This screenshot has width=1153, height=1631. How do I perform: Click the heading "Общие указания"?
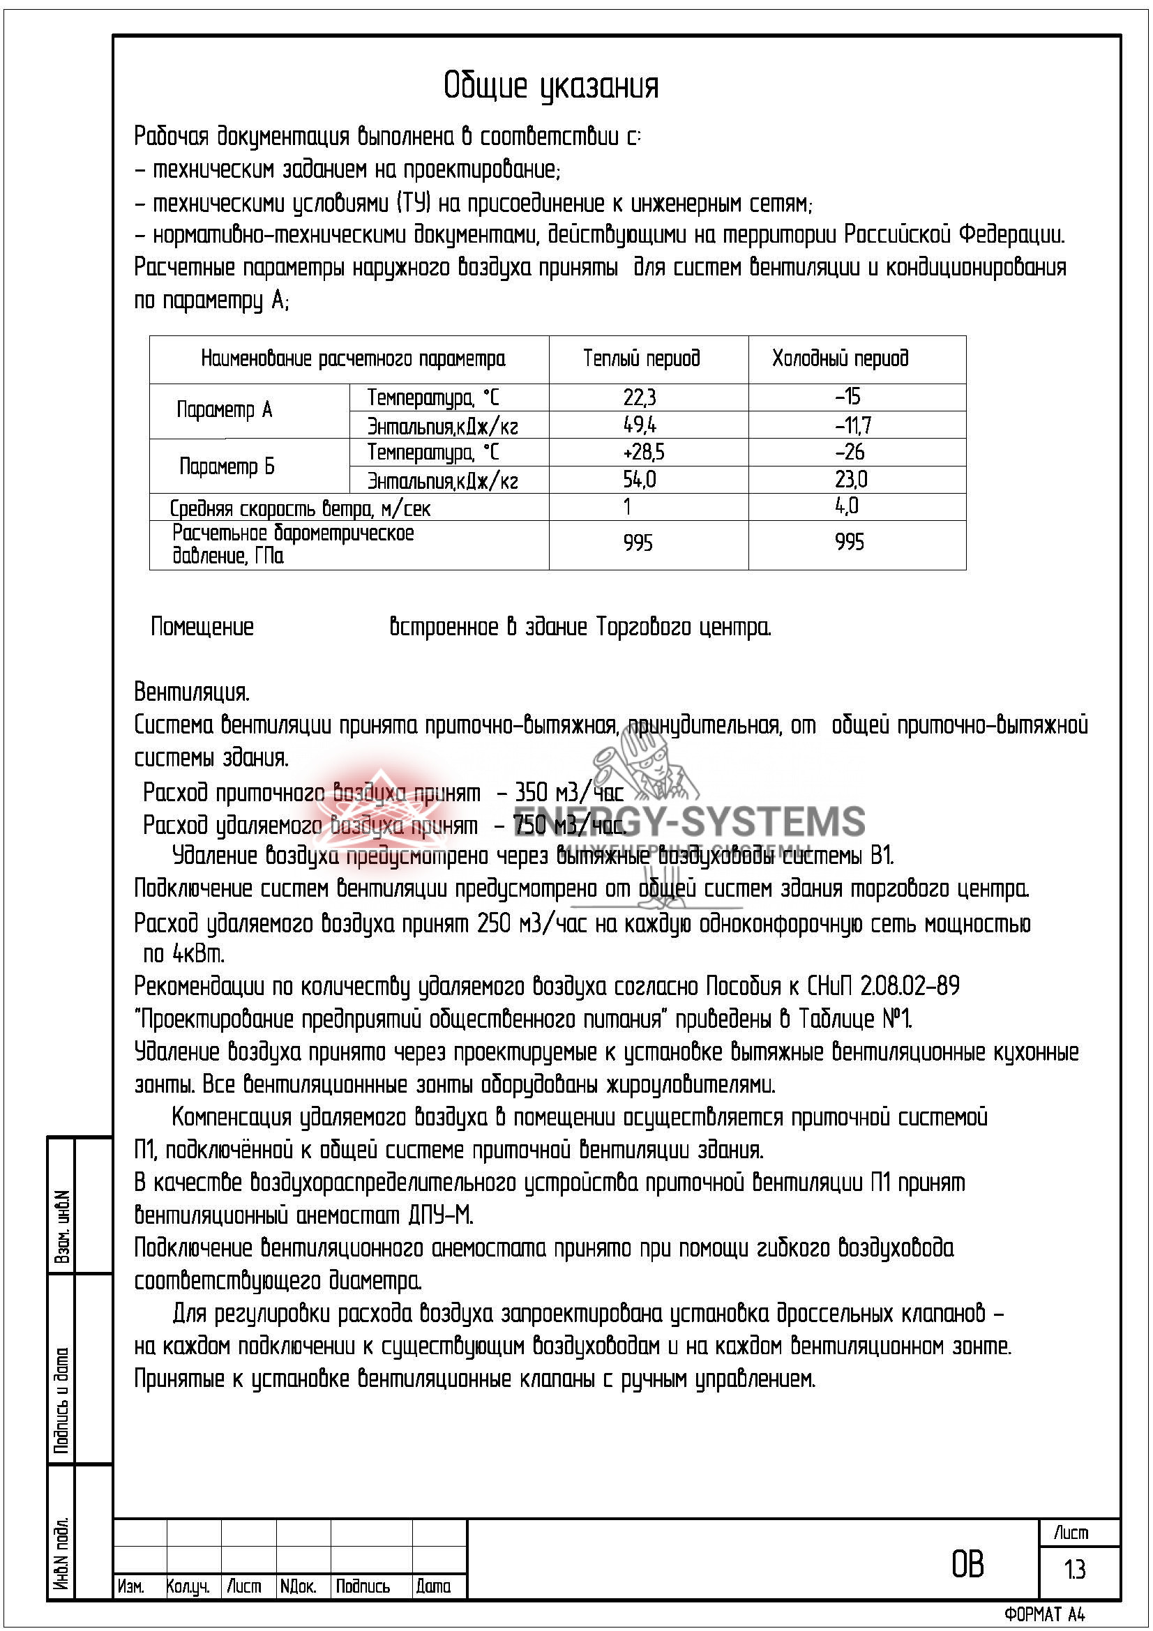[551, 86]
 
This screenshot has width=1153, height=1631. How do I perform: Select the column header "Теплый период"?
[641, 358]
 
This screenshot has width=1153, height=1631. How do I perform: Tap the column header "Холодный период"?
[840, 358]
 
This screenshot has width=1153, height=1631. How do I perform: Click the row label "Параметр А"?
[225, 411]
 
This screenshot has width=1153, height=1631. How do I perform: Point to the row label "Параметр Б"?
[227, 466]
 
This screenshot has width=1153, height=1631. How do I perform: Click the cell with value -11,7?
[852, 425]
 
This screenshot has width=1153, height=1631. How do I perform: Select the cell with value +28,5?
[643, 453]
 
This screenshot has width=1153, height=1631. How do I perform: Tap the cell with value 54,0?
[640, 480]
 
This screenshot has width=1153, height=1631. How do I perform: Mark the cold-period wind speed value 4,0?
[846, 507]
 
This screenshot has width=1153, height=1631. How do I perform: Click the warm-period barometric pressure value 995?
[638, 543]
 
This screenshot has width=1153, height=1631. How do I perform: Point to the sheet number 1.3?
[1075, 1569]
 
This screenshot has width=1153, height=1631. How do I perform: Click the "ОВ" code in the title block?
[967, 1565]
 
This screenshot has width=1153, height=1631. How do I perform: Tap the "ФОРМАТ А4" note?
[1044, 1615]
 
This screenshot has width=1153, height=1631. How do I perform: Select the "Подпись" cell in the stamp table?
[362, 1586]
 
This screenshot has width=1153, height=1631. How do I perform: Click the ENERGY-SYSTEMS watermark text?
[689, 823]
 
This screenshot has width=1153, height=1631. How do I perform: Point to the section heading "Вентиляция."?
[192, 692]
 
